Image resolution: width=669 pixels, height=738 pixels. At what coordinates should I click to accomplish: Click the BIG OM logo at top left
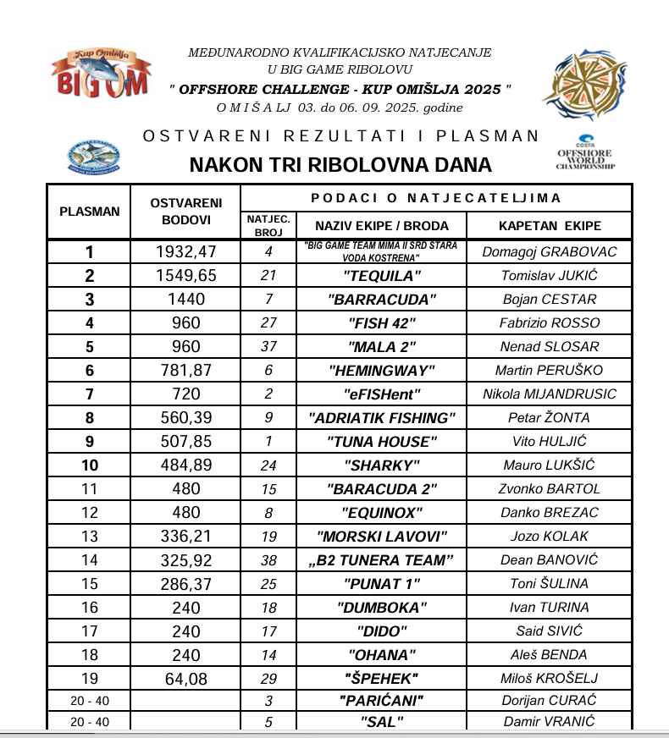point(102,74)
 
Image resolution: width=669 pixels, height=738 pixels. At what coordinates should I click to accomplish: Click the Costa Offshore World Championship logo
point(585,153)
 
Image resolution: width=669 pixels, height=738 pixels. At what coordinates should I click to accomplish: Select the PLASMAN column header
point(90,212)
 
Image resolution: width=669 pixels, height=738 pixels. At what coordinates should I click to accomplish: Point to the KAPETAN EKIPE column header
point(550,226)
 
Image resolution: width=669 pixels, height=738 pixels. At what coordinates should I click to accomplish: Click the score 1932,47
point(186,251)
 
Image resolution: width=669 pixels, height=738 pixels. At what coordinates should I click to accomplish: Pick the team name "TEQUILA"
point(382,276)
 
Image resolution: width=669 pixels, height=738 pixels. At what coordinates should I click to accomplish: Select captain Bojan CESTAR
point(550,300)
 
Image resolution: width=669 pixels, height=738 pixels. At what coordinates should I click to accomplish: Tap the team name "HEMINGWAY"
point(382,371)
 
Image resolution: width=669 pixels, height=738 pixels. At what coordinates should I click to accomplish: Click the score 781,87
point(186,371)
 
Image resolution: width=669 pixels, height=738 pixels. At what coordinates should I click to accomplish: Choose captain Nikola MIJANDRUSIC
point(550,394)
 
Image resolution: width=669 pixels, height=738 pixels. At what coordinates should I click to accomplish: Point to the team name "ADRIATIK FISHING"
point(382,418)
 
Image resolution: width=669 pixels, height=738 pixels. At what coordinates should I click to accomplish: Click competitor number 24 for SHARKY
point(268,465)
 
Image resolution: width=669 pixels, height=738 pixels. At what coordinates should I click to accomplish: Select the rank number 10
point(90,465)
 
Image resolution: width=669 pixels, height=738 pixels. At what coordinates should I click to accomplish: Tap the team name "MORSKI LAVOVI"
point(382,537)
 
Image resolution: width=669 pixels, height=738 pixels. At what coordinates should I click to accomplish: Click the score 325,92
point(186,560)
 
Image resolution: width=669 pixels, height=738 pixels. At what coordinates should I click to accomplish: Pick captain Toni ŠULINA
point(550,584)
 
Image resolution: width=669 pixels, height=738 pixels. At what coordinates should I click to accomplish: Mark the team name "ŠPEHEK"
point(382,679)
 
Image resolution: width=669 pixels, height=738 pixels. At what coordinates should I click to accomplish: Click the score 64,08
point(186,679)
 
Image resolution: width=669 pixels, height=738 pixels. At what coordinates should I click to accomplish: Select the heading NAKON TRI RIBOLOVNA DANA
point(340,165)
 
